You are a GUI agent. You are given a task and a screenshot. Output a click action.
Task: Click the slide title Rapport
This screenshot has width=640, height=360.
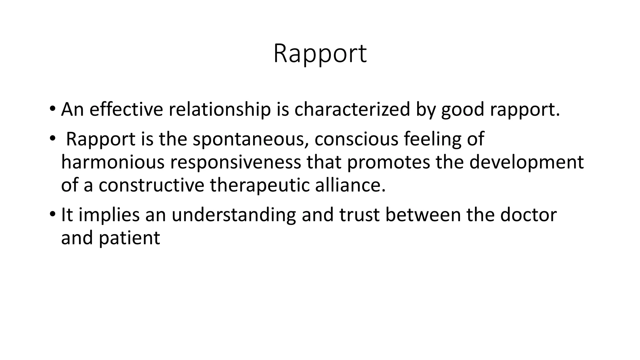320,54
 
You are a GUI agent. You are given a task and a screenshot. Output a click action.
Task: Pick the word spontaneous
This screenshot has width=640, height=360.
248,139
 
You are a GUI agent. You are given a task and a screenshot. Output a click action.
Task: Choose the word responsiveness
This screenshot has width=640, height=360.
236,162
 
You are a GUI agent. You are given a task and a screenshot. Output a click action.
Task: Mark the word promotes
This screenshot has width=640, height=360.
388,162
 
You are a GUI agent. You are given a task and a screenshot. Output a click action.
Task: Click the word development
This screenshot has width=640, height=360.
526,162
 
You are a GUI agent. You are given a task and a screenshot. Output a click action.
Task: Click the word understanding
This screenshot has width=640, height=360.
233,215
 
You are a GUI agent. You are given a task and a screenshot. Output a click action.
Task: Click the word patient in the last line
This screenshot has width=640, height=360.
129,238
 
